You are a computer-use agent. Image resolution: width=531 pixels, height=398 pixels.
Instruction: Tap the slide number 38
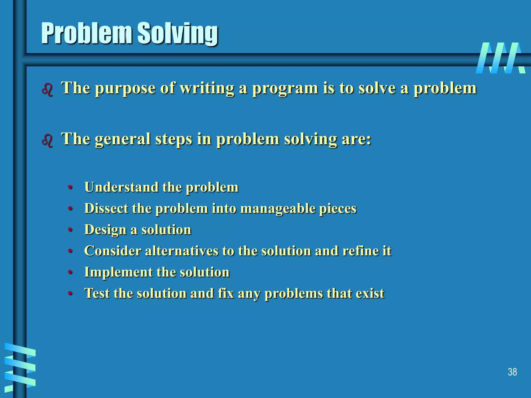[512, 372]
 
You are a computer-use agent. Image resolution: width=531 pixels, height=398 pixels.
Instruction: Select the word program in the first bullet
[285, 89]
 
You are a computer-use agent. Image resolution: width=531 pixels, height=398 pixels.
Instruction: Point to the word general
[122, 139]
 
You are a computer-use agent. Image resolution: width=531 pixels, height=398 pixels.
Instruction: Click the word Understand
[121, 187]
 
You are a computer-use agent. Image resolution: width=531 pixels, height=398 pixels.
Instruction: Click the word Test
[97, 293]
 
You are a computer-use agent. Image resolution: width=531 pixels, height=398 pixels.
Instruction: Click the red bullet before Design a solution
[70, 230]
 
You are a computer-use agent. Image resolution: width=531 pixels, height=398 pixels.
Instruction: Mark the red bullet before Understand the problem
[70, 187]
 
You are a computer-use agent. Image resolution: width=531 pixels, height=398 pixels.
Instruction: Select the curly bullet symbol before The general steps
[47, 141]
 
